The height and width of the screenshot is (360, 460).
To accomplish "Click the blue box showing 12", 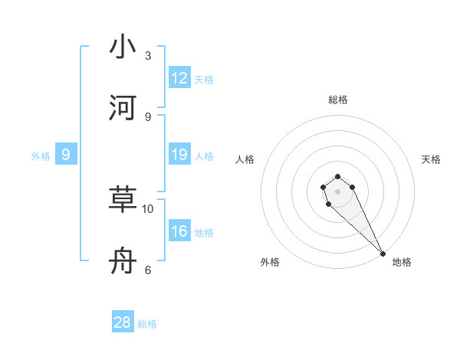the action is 179,78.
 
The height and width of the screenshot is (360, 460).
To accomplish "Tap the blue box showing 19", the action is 179,155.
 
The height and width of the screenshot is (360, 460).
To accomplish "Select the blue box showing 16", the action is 179,231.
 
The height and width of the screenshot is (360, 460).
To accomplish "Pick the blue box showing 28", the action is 123,322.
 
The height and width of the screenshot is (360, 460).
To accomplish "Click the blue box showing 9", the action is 66,155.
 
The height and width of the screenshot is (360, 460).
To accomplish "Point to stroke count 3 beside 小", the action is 148,56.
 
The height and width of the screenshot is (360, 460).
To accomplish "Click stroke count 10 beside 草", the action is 148,208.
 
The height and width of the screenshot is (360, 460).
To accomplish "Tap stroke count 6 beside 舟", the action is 148,270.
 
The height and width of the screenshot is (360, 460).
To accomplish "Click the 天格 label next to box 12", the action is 204,79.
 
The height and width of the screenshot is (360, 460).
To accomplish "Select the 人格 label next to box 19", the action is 204,156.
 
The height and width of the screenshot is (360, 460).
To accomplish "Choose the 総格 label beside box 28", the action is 147,323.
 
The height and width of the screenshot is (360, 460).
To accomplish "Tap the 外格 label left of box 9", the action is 41,156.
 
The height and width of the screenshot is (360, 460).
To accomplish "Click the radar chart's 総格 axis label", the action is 338,100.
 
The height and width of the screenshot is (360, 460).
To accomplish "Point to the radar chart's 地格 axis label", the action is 402,262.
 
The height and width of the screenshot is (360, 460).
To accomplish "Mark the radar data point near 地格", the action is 383,254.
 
